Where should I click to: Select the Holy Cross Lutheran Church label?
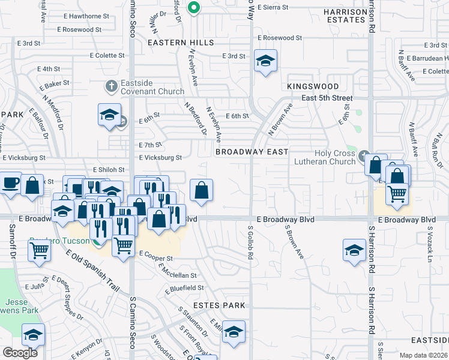coord(326,157)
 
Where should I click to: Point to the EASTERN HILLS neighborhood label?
coord(180,43)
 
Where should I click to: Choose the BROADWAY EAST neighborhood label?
coord(252,152)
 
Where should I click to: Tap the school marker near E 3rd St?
coord(265,61)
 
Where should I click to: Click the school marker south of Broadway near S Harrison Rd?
coord(354,250)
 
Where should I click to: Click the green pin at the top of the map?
coord(193,8)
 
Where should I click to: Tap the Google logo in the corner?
coord(20,352)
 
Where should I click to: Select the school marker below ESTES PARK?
coord(234,332)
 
